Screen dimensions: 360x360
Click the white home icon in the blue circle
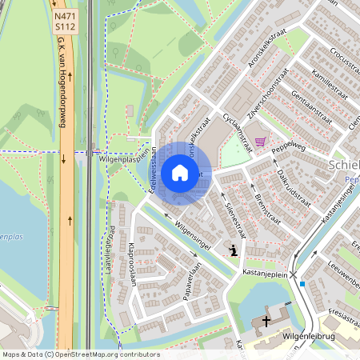pyautogui.click(x=180, y=172)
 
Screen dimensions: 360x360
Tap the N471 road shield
pyautogui.click(x=66, y=15)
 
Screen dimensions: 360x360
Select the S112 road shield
pyautogui.click(x=66, y=26)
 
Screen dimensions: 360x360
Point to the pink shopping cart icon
pyautogui.click(x=259, y=142)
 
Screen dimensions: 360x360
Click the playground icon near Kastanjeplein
pyautogui.click(x=233, y=250)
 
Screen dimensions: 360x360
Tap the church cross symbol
pyautogui.click(x=266, y=323)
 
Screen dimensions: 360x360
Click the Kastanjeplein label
pyautogui.click(x=264, y=273)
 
